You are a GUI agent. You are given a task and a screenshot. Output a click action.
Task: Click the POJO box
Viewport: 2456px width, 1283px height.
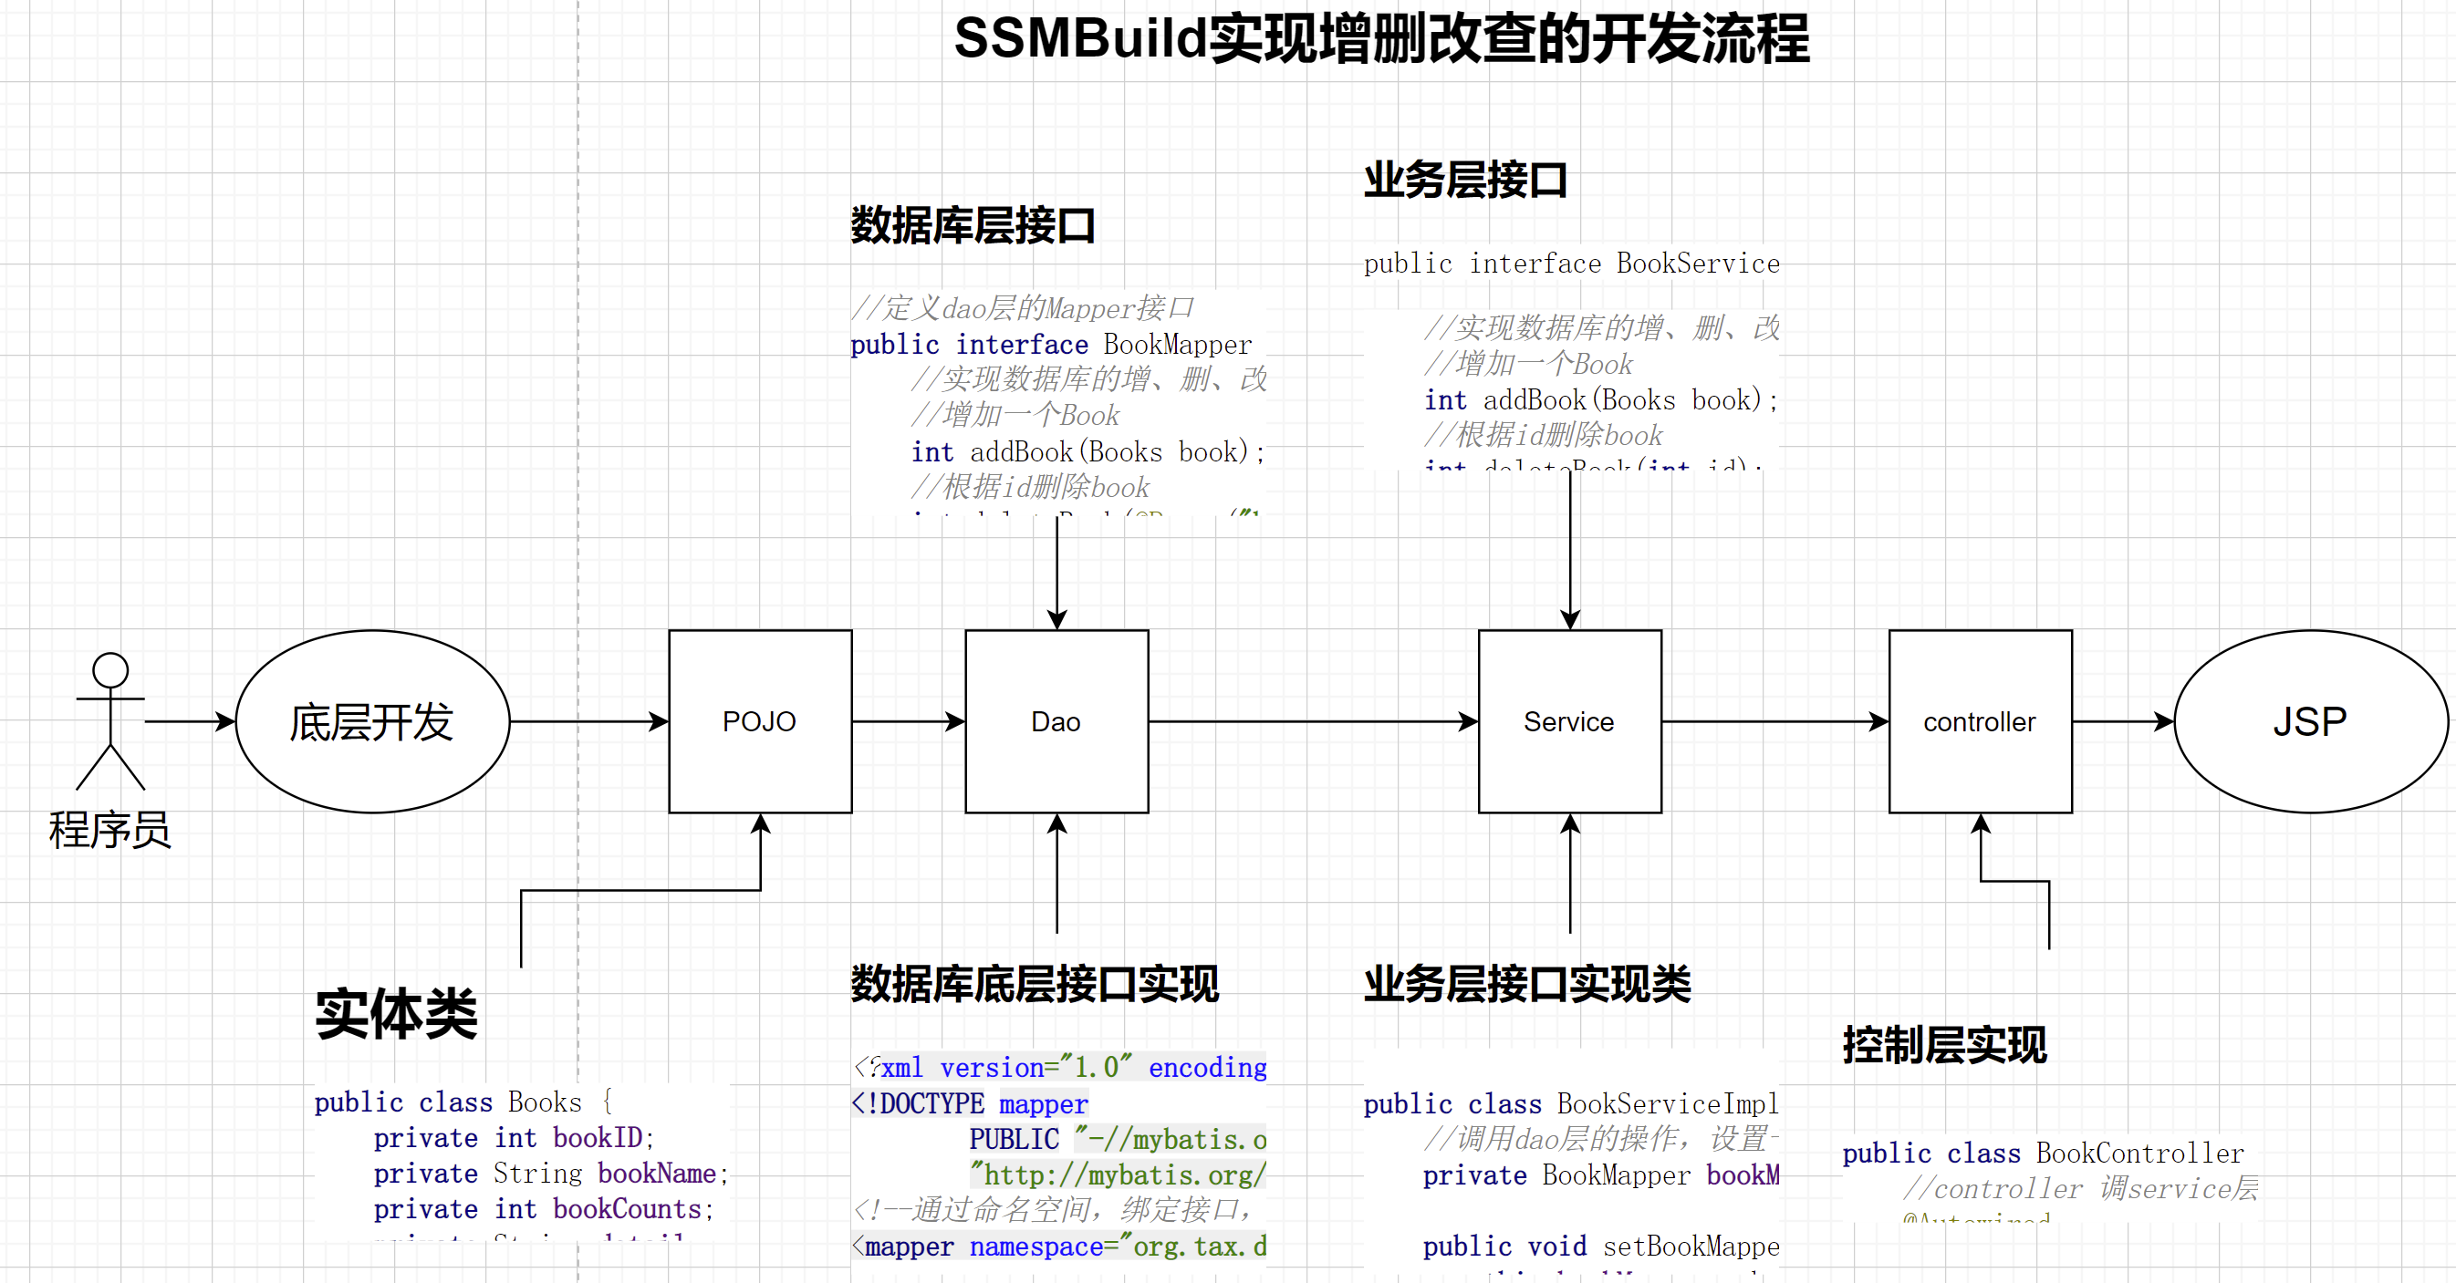coord(760,721)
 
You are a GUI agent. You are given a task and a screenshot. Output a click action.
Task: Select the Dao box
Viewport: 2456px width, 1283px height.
coord(1056,721)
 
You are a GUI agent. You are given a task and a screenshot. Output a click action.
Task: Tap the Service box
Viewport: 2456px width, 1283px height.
coord(1569,721)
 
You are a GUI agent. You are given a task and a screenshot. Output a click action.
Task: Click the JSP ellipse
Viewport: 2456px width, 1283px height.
coord(2310,721)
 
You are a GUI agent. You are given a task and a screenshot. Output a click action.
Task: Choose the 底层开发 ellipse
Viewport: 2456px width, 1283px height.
coord(373,721)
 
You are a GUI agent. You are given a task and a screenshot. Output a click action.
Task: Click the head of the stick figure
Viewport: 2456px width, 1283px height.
coord(110,670)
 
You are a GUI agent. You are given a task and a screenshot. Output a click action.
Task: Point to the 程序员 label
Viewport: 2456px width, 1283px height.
coord(110,830)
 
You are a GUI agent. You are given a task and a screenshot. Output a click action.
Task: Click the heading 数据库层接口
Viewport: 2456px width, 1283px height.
coord(973,226)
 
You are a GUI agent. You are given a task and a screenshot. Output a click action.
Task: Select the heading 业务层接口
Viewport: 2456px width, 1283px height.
coord(1465,181)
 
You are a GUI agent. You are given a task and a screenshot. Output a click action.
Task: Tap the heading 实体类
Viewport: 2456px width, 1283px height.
coord(397,1013)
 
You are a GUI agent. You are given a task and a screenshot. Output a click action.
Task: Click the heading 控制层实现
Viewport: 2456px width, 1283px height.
coord(1944,1045)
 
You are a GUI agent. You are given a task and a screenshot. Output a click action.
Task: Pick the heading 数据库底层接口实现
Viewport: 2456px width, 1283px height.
coord(1035,984)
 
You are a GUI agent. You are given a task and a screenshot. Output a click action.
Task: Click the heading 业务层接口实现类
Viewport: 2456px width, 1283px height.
coord(1527,984)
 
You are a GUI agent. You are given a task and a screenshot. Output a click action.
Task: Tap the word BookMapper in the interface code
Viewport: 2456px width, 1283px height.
coord(1178,344)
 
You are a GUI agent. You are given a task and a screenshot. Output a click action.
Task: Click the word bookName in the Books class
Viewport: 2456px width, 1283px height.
coord(657,1174)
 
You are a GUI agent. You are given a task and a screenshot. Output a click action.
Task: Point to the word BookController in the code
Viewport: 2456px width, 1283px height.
coord(2139,1154)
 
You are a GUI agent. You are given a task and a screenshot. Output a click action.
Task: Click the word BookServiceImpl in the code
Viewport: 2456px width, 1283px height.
coord(1668,1103)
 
